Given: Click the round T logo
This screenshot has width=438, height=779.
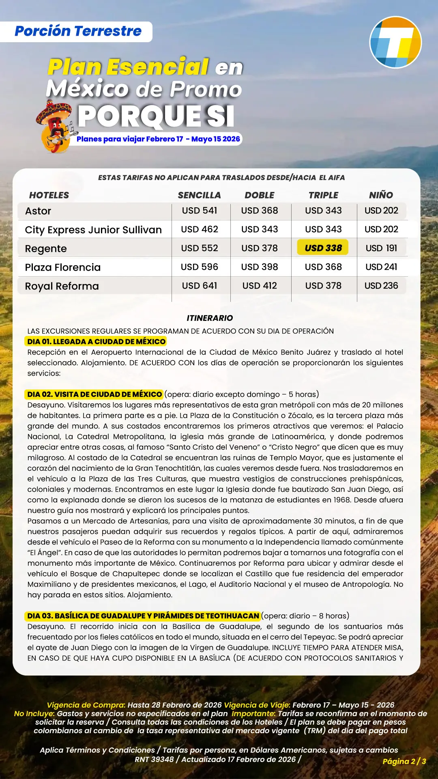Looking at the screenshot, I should point(395,42).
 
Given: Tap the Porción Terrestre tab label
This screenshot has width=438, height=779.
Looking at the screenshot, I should point(78,31).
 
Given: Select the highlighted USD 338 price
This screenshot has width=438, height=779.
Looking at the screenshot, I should point(323,248).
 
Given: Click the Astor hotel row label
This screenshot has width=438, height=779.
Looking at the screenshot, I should point(38,211).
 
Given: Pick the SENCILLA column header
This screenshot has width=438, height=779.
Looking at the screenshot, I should point(199,195).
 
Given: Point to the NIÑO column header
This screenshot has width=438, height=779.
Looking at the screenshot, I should point(381,195).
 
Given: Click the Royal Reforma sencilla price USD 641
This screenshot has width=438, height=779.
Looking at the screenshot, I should point(200,286).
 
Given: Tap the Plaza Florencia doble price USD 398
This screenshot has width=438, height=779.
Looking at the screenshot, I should point(260,267).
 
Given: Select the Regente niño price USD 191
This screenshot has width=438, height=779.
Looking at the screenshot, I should point(381,248).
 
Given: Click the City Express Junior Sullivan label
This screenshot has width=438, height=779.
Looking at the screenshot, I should point(93,230).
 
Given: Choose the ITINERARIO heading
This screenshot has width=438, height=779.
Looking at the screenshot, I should point(210,318).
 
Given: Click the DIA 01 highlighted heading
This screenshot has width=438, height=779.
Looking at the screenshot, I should point(97,342).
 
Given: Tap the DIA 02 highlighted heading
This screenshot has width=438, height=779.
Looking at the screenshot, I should point(94,394).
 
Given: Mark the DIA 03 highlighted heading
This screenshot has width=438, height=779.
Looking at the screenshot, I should point(143,616).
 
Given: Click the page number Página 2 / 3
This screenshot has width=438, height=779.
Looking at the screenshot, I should point(404,761).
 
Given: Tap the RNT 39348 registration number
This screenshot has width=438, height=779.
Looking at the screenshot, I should point(154,759).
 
